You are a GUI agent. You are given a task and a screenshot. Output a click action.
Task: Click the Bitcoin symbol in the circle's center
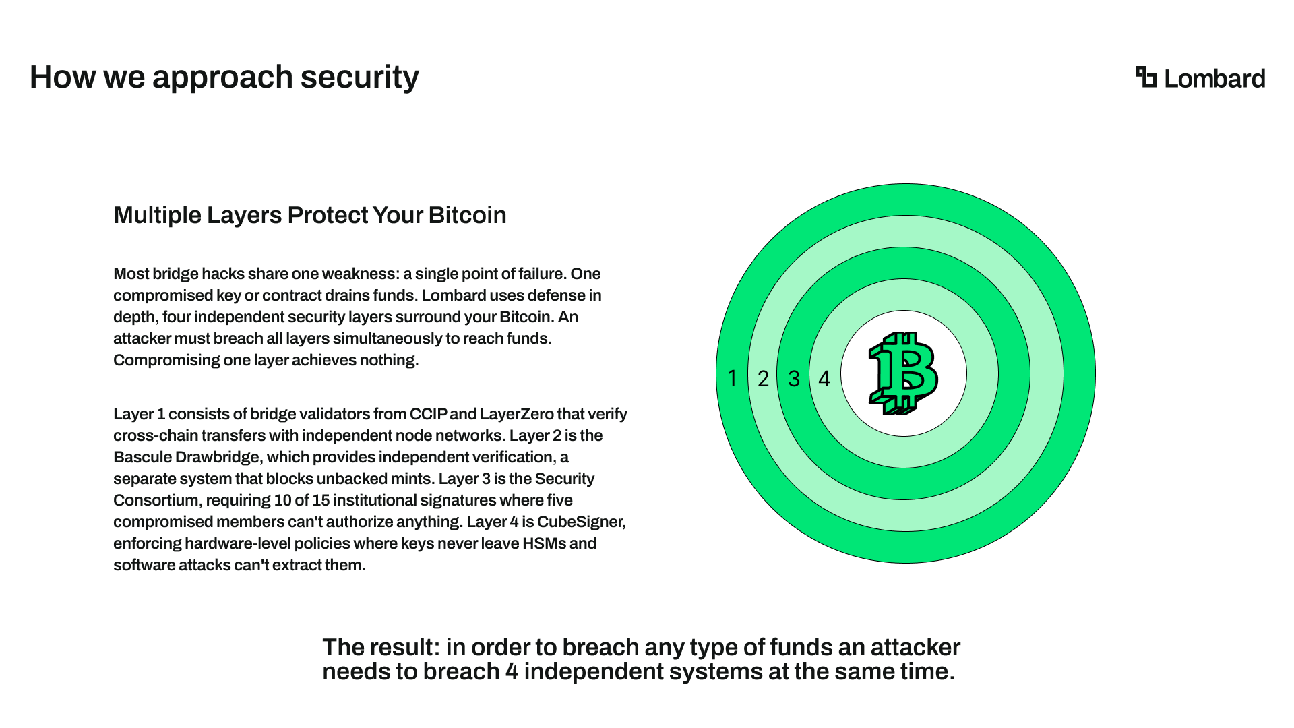pos(903,373)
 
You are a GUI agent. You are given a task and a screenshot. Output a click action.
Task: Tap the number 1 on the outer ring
pos(732,378)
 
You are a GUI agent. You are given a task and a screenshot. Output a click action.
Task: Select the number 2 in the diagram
pos(763,379)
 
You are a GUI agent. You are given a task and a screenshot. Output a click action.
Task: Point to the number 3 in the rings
pos(794,379)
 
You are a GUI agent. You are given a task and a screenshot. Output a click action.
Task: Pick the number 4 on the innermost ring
pos(824,379)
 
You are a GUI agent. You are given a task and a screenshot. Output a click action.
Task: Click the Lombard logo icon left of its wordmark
pos(1146,77)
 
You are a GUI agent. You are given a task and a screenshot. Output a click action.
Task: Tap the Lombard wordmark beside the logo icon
pos(1214,78)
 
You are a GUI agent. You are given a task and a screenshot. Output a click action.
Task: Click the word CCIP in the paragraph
pos(428,414)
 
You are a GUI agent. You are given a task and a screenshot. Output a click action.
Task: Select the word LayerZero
pos(518,414)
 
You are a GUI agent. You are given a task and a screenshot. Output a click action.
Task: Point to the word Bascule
pos(142,457)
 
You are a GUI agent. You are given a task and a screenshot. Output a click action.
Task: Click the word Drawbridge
pos(217,458)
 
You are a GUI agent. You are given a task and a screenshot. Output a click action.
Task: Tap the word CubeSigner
pos(581,522)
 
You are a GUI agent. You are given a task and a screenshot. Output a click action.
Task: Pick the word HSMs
pos(544,543)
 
